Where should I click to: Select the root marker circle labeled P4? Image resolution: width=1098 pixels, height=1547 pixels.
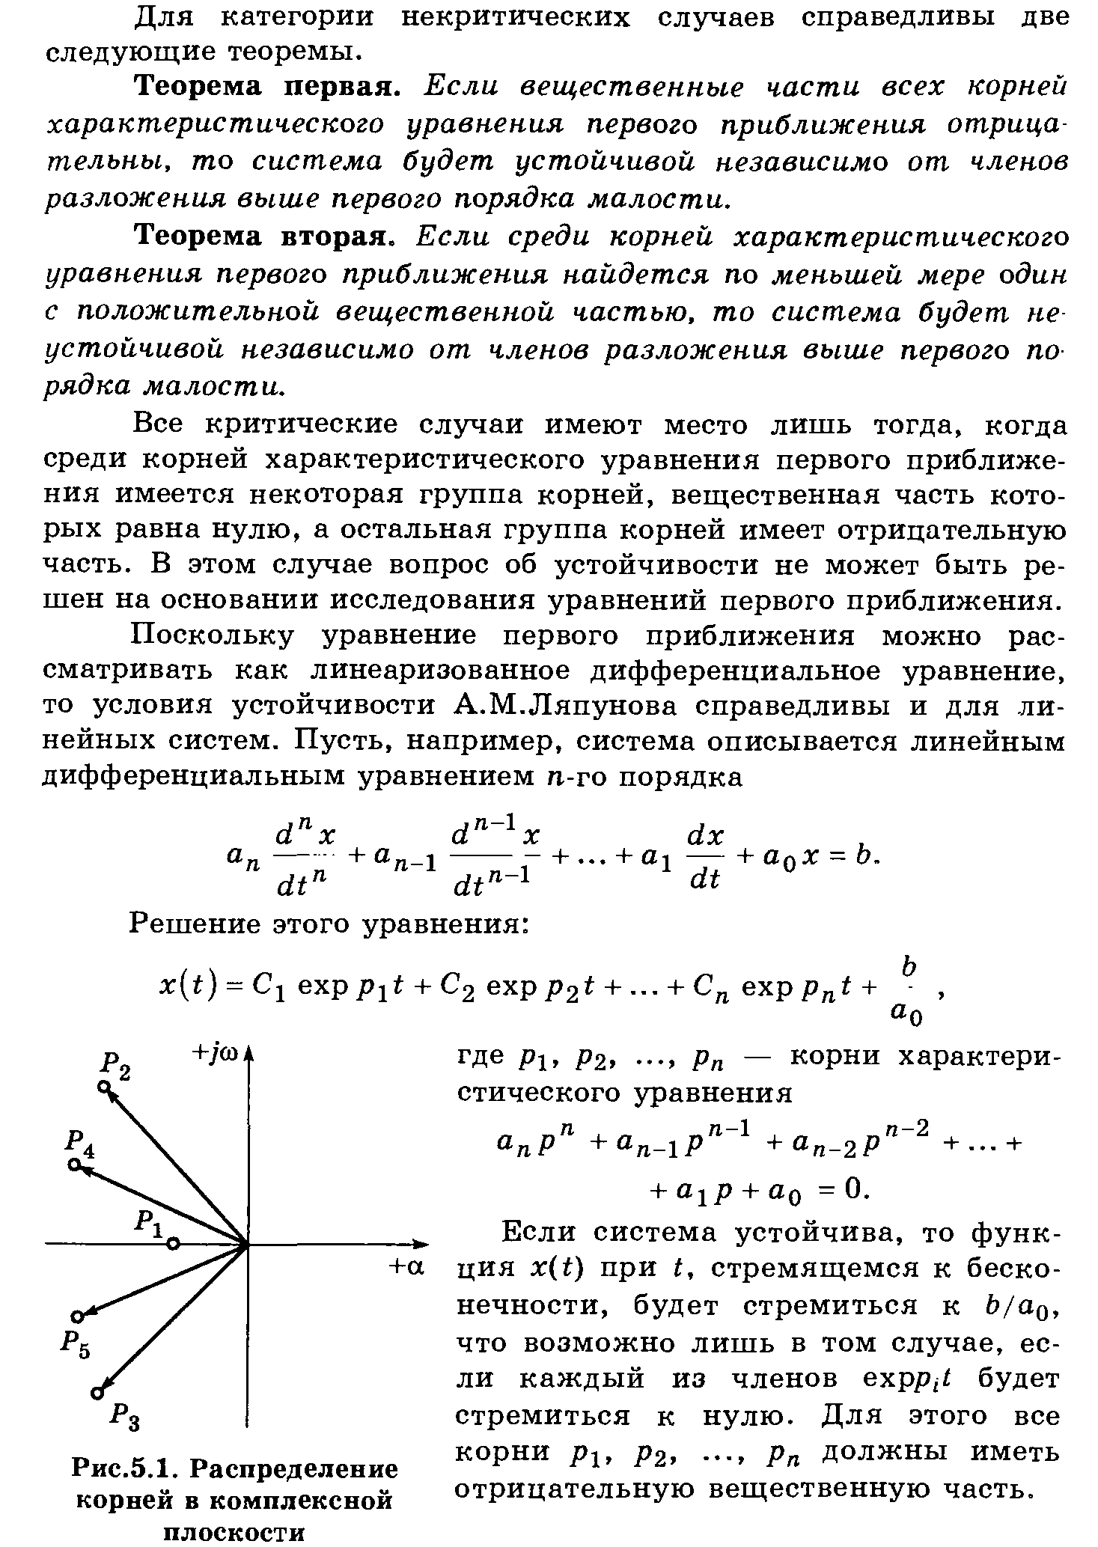[x=73, y=1165]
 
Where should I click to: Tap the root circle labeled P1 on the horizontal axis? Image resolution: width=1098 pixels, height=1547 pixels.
[x=173, y=1244]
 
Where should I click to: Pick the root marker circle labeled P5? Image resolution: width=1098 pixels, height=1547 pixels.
[x=76, y=1316]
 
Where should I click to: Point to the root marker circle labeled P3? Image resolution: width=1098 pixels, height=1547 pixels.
[x=96, y=1393]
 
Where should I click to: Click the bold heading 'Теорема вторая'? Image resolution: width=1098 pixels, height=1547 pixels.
[x=263, y=237]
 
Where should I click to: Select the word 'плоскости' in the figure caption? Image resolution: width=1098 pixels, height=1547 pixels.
[x=234, y=1531]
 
